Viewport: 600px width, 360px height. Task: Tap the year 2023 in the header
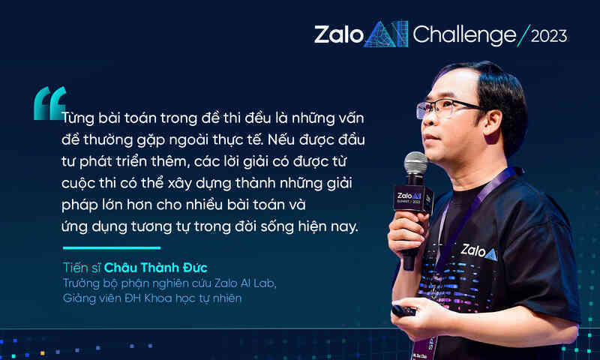[549, 36]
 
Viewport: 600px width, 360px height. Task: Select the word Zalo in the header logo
[339, 34]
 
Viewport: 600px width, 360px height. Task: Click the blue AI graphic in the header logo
[385, 34]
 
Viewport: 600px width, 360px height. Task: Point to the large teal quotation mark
[49, 103]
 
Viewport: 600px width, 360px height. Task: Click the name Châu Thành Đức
[156, 268]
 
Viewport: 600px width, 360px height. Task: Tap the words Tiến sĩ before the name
[82, 268]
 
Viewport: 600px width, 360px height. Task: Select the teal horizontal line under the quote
[112, 248]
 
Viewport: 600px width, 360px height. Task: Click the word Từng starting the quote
[78, 118]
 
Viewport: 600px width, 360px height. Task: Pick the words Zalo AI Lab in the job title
[244, 283]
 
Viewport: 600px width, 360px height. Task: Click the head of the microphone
[415, 163]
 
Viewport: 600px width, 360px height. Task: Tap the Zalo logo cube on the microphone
[412, 198]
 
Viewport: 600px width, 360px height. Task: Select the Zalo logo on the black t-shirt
[478, 252]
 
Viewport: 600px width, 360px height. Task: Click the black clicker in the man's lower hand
[403, 310]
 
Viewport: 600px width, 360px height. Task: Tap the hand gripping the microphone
[407, 233]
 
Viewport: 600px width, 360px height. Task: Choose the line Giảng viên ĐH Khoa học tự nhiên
[152, 298]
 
